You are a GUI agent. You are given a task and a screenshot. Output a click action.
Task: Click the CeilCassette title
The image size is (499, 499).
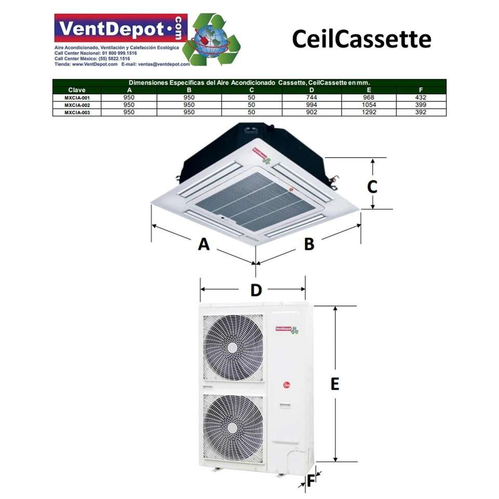pos(361,39)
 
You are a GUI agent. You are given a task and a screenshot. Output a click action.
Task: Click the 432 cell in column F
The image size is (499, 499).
pos(421,97)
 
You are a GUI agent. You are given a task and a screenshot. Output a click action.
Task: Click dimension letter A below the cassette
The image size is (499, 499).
pos(204,243)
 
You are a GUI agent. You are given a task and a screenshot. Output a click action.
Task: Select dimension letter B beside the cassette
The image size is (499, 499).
pos(309,243)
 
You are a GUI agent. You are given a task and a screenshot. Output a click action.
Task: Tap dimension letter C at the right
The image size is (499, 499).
pos(372,186)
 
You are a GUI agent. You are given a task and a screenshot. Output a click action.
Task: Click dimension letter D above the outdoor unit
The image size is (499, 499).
pos(256,290)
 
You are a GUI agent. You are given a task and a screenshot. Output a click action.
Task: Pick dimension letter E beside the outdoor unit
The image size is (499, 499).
pos(335,384)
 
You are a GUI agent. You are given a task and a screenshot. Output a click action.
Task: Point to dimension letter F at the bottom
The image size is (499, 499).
pos(310,481)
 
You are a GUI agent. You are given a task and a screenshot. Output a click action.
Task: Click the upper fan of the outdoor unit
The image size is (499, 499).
pos(233,347)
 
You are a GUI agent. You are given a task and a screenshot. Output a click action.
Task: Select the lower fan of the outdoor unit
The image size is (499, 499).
pos(233,427)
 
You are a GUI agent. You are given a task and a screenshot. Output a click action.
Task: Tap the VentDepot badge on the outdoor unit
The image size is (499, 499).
pos(286,329)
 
